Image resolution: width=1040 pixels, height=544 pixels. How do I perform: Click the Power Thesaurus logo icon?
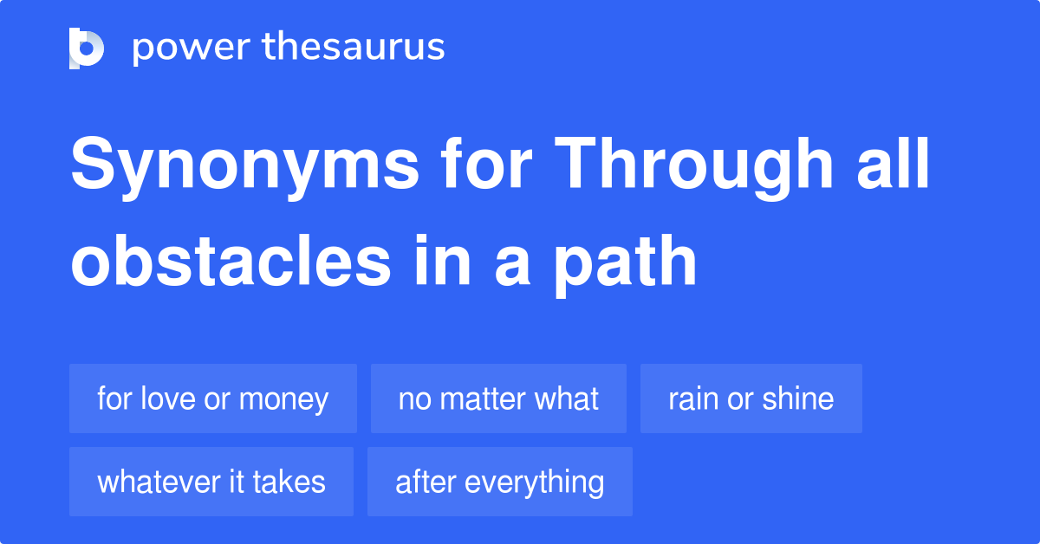click(x=87, y=48)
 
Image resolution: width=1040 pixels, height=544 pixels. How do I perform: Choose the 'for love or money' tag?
click(x=213, y=398)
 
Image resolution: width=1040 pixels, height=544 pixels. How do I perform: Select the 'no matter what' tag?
click(x=498, y=398)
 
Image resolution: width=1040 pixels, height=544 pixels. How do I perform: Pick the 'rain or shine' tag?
click(x=751, y=398)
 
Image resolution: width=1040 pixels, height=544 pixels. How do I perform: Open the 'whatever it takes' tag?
click(x=211, y=482)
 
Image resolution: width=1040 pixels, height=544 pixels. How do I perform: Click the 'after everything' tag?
click(x=500, y=482)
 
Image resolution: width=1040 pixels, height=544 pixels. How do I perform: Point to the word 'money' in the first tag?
click(x=283, y=399)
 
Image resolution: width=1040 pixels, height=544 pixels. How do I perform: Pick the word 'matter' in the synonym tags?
click(x=485, y=398)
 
